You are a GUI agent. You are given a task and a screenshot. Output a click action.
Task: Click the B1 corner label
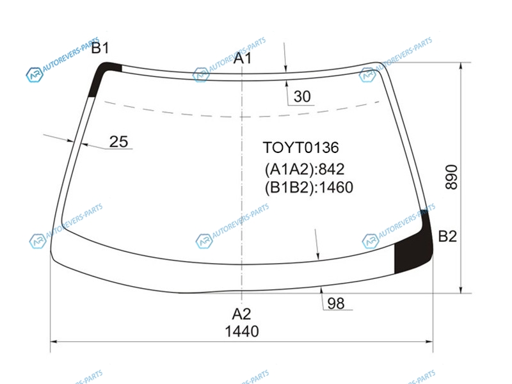[x=100, y=48]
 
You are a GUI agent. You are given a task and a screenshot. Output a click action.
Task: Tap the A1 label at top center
[x=243, y=58]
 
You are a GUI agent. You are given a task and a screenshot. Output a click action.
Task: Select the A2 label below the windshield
[x=241, y=314]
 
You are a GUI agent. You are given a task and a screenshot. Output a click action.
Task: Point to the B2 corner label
[x=447, y=236]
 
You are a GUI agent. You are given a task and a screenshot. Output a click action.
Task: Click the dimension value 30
[x=302, y=97]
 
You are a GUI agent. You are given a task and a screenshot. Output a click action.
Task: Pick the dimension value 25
[x=118, y=141]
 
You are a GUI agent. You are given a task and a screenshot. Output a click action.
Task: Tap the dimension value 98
[x=335, y=303]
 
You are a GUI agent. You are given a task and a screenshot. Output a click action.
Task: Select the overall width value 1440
[x=242, y=332]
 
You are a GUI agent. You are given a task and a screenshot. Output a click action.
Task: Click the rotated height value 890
[x=452, y=177]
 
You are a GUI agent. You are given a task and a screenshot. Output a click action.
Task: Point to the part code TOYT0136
[x=301, y=148]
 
